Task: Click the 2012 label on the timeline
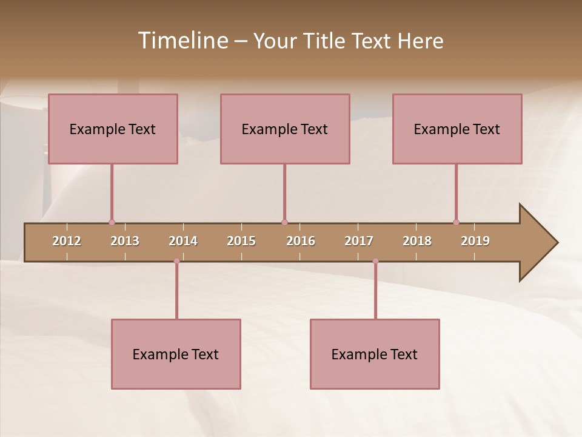tap(67, 241)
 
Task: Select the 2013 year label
tap(125, 241)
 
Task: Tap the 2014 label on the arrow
tap(183, 241)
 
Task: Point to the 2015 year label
tap(241, 241)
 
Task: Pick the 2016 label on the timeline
tap(301, 241)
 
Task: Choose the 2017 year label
tap(359, 241)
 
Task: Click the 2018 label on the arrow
tap(417, 241)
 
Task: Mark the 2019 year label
tap(475, 241)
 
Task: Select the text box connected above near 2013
tap(113, 129)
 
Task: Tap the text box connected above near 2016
tap(285, 129)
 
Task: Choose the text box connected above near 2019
tap(457, 129)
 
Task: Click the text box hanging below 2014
tap(176, 354)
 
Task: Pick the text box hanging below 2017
tap(375, 354)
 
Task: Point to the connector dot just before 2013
tap(112, 222)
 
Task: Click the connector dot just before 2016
tap(284, 222)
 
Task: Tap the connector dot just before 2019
tap(457, 222)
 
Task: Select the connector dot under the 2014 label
tap(176, 261)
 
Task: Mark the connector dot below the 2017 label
tap(375, 261)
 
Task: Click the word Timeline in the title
tap(182, 41)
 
